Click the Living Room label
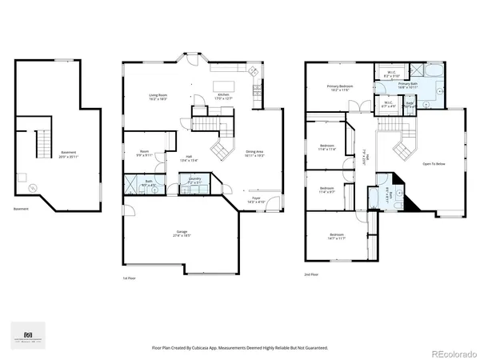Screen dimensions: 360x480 [157, 95]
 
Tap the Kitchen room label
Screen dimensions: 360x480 [225, 95]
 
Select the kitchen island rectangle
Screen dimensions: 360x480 [225, 85]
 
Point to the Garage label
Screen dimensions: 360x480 [182, 232]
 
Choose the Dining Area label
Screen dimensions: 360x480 [254, 151]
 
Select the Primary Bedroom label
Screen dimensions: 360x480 [340, 86]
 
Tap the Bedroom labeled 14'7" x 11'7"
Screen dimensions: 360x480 [336, 235]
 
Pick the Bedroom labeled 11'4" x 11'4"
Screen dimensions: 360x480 [326, 146]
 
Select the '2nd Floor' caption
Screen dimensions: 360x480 [311, 274]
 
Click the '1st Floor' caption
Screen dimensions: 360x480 [130, 278]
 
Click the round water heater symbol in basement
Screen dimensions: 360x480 [32, 187]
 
